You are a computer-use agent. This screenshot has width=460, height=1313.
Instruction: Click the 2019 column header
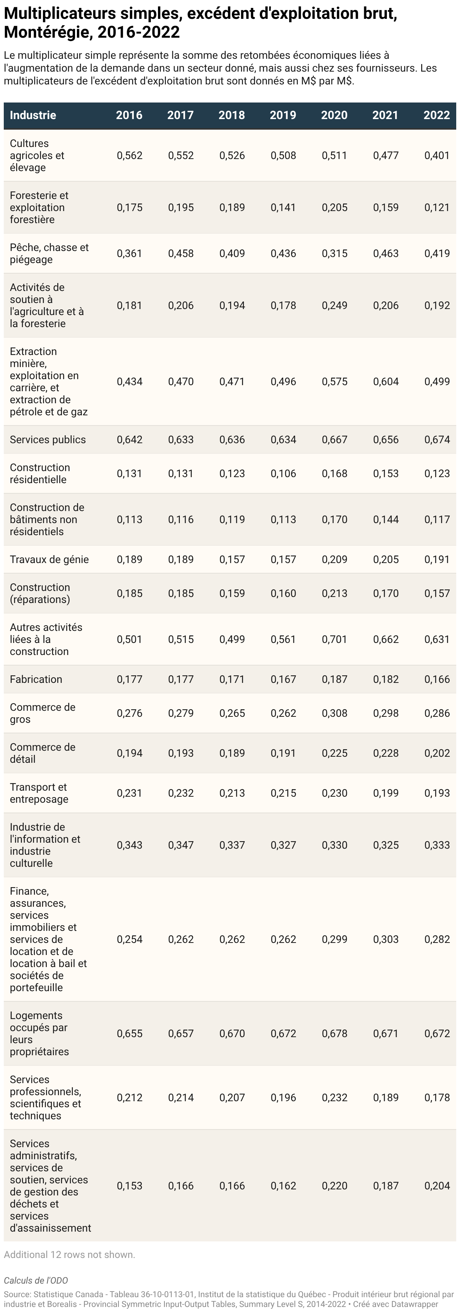[x=283, y=115]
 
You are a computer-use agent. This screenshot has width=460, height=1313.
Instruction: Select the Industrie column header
[x=33, y=115]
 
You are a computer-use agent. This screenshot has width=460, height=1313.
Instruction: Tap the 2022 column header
[x=437, y=115]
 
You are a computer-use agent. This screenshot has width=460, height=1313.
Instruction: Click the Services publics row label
[x=48, y=439]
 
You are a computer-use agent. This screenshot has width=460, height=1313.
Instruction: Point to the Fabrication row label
[x=36, y=679]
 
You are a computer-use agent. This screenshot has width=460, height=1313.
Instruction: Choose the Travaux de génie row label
[x=49, y=559]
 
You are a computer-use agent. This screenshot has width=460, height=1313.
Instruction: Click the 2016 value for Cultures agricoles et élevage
[x=130, y=156]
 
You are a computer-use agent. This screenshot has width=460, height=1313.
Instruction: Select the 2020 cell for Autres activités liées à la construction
[x=334, y=639]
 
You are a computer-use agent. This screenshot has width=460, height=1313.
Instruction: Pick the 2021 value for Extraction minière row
[x=386, y=381]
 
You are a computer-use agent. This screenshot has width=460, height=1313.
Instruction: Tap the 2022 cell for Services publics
[x=437, y=439]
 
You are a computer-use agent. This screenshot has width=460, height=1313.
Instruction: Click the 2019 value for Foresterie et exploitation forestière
[x=283, y=207]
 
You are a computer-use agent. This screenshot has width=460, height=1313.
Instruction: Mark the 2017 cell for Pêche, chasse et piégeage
[x=181, y=253]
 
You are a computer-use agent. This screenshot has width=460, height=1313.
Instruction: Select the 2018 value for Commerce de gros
[x=232, y=713]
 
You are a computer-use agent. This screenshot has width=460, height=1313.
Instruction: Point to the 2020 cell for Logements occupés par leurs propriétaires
[x=334, y=1033]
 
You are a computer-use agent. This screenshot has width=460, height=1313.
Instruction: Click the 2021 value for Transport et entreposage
[x=386, y=793]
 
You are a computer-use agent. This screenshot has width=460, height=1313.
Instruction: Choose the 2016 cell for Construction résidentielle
[x=130, y=473]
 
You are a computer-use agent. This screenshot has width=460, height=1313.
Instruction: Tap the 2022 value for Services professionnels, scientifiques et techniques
[x=437, y=1097]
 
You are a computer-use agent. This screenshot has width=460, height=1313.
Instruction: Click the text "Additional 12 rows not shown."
[x=69, y=1254]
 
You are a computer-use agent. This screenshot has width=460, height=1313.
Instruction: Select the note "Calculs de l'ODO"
[x=36, y=1280]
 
